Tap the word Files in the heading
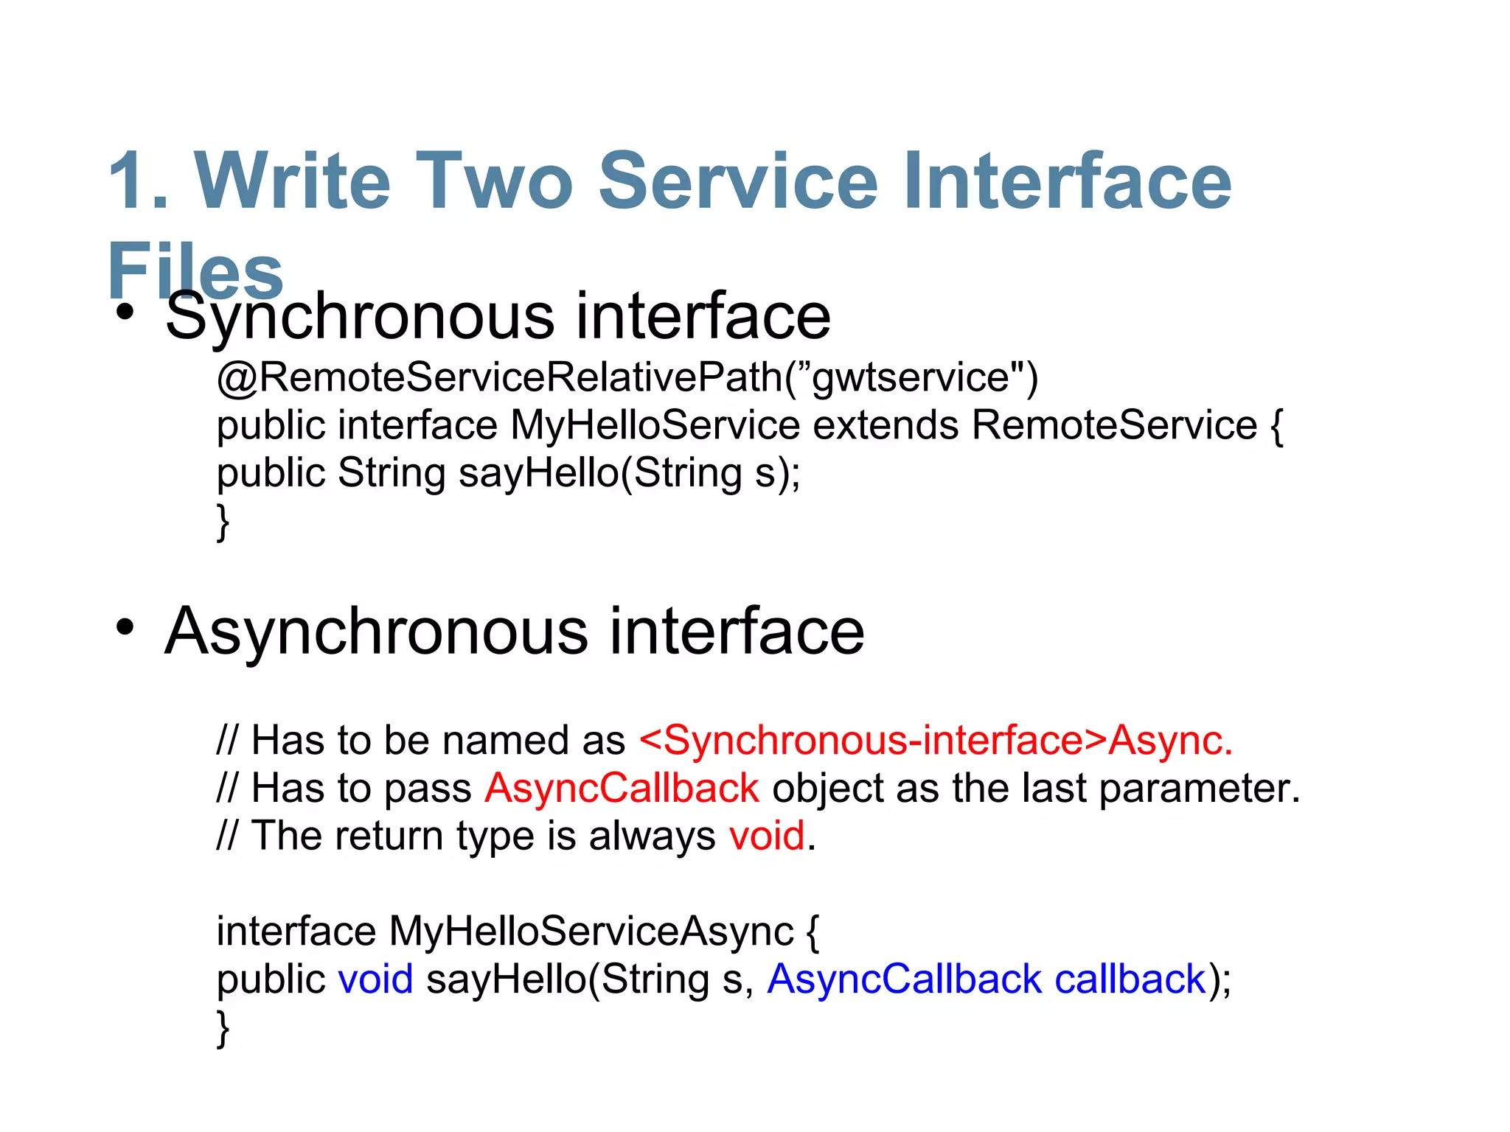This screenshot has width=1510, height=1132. pyautogui.click(x=196, y=269)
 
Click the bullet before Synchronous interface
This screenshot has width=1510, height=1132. pyautogui.click(x=125, y=312)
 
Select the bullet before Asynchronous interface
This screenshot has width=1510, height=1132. pyautogui.click(x=125, y=628)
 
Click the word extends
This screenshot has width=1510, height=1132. pyautogui.click(x=886, y=425)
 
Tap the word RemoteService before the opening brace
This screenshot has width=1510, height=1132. pyautogui.click(x=1114, y=425)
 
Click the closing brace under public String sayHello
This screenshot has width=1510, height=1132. pyautogui.click(x=223, y=522)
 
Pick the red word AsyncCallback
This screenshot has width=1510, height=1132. pyautogui.click(x=622, y=788)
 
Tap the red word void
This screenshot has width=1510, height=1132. pyautogui.click(x=766, y=836)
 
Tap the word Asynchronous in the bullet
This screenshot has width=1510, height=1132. pyautogui.click(x=376, y=631)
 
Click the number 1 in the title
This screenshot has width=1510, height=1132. pyautogui.click(x=133, y=181)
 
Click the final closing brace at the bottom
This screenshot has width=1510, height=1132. pyautogui.click(x=223, y=1028)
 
